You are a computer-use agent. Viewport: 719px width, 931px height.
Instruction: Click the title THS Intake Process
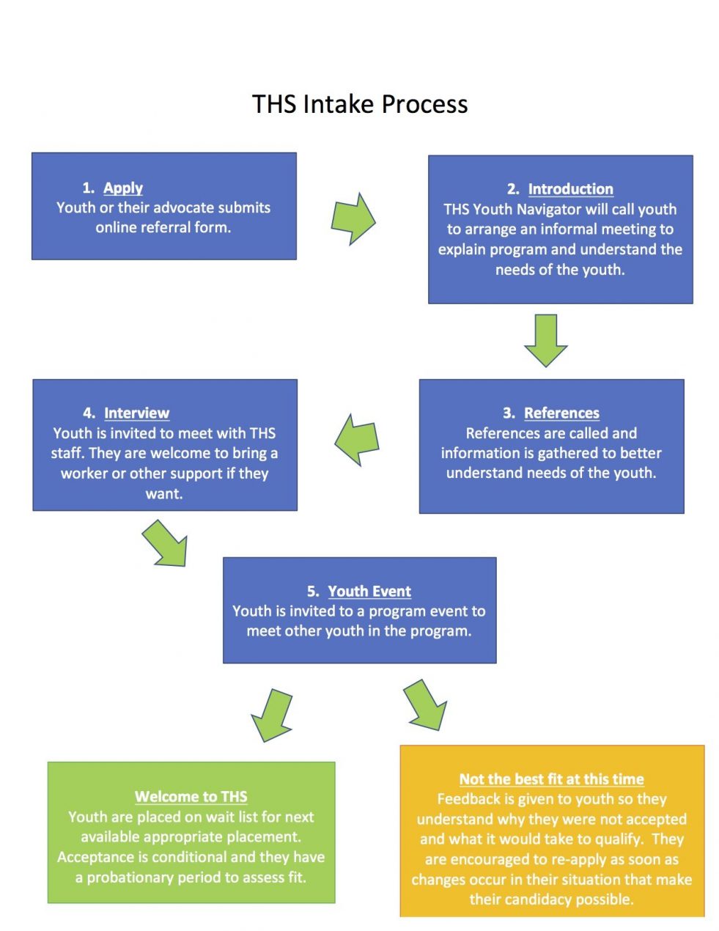360,104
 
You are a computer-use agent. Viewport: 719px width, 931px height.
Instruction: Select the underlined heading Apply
123,188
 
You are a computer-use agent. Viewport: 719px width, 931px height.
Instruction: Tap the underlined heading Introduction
570,189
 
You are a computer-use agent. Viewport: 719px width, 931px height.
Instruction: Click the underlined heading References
561,413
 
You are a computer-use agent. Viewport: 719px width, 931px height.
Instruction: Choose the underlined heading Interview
136,413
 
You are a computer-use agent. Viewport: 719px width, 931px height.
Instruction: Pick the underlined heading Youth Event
369,592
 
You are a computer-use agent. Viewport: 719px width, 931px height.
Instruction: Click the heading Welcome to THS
191,797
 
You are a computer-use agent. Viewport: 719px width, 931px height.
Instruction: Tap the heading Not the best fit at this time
551,779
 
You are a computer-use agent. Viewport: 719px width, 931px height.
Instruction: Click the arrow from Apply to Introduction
353,218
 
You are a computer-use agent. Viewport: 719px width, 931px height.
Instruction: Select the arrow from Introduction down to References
546,339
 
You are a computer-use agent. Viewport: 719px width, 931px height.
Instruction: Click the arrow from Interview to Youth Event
166,542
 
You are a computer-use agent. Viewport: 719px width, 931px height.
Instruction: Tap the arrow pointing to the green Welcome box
273,715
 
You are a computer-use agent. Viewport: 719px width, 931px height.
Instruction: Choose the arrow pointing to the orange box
426,704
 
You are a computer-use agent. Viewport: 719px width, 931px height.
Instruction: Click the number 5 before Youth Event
312,592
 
